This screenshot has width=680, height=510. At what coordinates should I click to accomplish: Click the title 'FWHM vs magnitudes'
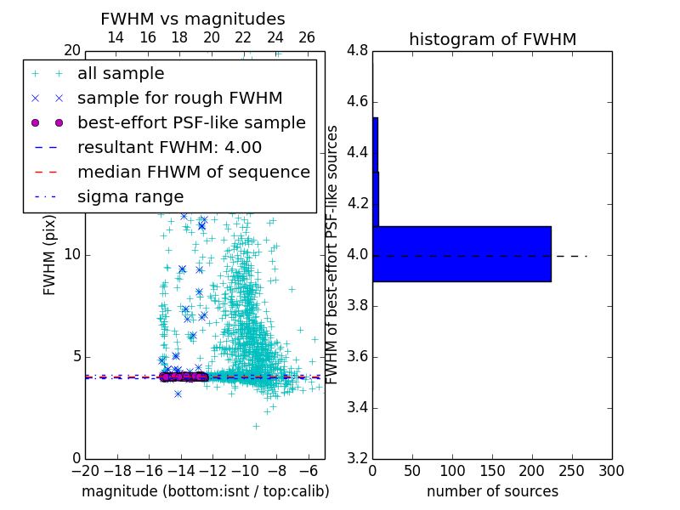point(193,19)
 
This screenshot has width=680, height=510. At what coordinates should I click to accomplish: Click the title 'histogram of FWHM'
point(492,39)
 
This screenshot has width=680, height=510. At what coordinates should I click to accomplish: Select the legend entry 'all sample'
point(121,74)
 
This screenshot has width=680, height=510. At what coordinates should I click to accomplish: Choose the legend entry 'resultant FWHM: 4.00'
point(169,147)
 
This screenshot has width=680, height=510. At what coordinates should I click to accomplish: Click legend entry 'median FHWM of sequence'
point(193,172)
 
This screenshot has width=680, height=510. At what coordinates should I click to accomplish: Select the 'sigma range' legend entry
point(130,196)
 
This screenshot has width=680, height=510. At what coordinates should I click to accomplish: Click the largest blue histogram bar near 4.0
point(462,253)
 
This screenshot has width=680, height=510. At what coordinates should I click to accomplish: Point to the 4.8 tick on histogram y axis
point(357,51)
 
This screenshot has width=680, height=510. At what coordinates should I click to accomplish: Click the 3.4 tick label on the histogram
point(357,407)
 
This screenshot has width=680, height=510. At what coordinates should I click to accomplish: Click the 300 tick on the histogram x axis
point(611,470)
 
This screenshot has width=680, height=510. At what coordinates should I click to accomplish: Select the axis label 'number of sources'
point(492,491)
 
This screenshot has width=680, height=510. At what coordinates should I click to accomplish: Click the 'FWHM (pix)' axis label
point(50,254)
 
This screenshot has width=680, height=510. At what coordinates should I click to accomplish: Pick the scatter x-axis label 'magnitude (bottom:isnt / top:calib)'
point(205,491)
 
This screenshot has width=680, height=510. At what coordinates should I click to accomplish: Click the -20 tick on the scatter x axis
point(85,470)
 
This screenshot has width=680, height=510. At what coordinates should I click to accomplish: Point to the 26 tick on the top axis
point(307,37)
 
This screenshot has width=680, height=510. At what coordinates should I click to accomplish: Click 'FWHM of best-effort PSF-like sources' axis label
point(333,254)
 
